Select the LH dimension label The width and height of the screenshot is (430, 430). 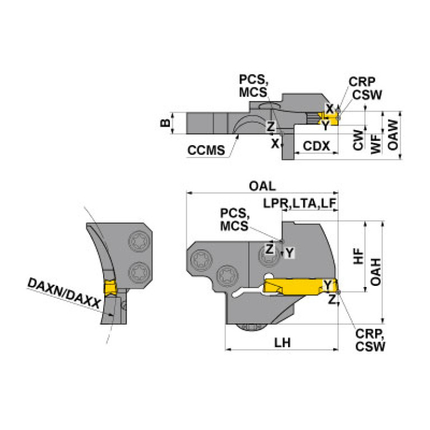pos(282,343)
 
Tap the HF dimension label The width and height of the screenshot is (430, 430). pos(359,256)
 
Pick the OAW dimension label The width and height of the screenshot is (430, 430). pos(394,135)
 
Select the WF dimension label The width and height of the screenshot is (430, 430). pos(376,141)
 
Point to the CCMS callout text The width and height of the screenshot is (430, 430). pos(206,150)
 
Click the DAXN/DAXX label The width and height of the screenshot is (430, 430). pos(64,294)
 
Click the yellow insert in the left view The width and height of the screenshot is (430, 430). pos(110,289)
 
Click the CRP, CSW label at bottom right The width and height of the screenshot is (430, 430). pos(371,341)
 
